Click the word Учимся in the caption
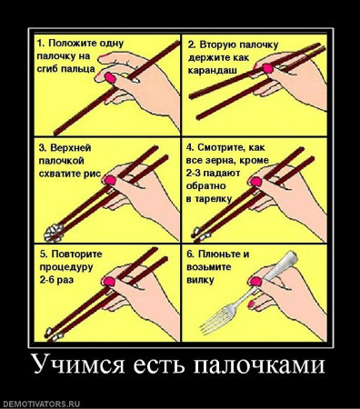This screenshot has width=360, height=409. (78, 364)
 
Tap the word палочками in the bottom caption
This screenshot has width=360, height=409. (259, 364)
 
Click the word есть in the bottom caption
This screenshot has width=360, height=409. (159, 364)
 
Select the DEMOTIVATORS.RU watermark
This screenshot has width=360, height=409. (40, 404)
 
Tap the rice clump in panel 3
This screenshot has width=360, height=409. (54, 233)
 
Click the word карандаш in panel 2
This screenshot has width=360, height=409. (212, 71)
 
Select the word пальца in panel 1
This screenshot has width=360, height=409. (78, 69)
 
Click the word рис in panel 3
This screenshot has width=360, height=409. (93, 174)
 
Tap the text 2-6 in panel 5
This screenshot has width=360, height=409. (47, 280)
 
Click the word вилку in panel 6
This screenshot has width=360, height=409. (200, 280)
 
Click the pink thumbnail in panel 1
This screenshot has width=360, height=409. (110, 78)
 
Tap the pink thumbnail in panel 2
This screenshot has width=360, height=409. (268, 68)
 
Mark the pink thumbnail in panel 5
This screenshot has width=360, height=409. (109, 282)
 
